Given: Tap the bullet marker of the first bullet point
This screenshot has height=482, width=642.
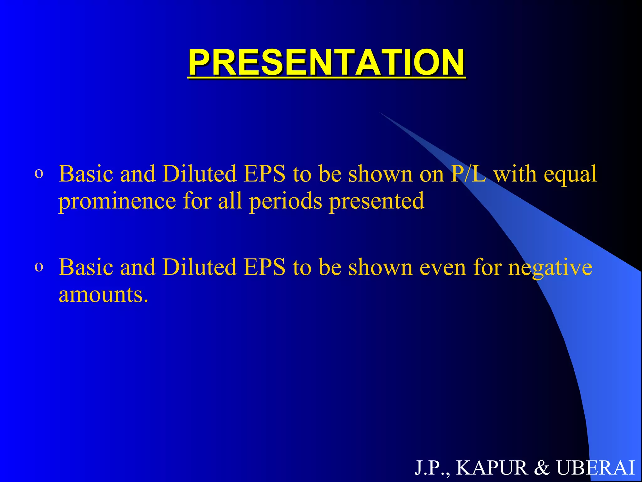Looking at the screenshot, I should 39,174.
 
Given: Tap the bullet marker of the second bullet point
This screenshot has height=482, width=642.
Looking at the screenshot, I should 39,267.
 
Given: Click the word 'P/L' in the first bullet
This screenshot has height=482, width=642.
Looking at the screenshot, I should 468,174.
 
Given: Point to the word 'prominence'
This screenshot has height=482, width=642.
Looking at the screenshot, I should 117,202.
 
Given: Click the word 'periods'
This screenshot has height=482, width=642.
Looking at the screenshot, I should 285,202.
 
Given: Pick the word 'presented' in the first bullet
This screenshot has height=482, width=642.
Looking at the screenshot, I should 376,202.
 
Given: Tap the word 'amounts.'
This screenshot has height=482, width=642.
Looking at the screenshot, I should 103,295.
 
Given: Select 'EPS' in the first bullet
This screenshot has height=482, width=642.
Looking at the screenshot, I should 265,174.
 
